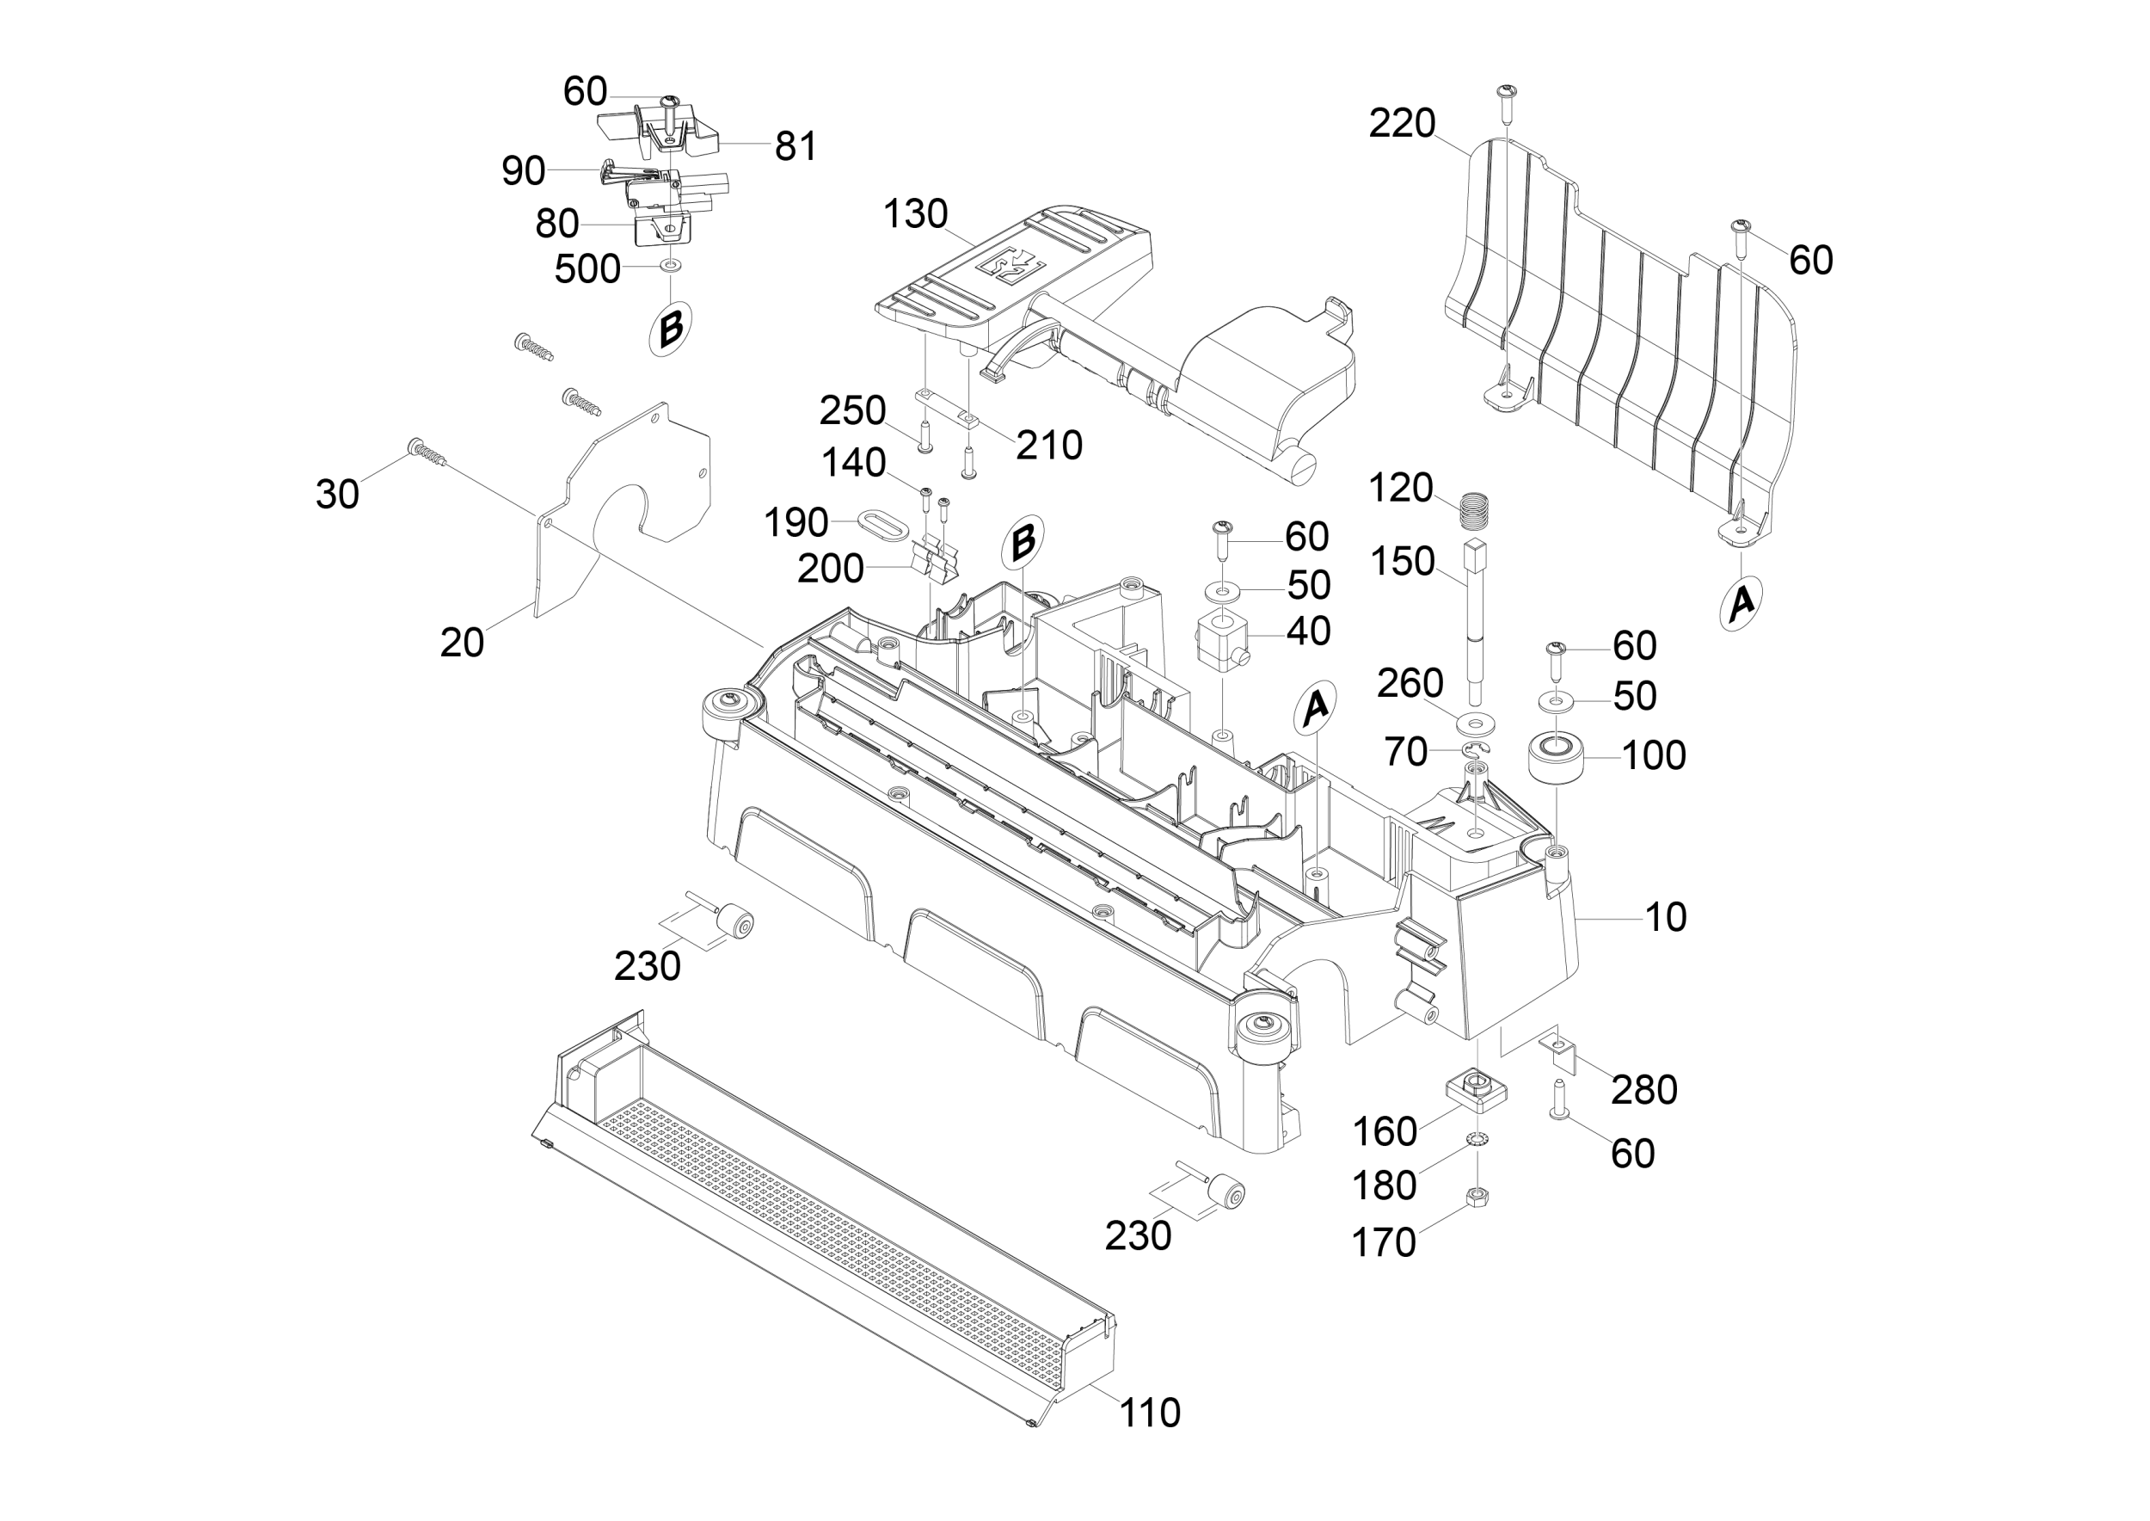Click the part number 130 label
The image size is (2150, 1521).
tap(915, 214)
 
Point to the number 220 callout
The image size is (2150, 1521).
tap(1402, 124)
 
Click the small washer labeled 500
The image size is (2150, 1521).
tap(671, 268)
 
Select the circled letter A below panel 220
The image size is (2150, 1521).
tap(1741, 602)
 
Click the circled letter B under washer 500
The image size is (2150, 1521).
tap(672, 329)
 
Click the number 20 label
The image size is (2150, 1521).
tap(462, 643)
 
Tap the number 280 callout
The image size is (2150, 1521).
tap(1644, 1089)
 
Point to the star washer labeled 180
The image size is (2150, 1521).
tap(1477, 1140)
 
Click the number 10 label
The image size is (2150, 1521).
tap(1666, 917)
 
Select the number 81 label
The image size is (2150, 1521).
tap(796, 146)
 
